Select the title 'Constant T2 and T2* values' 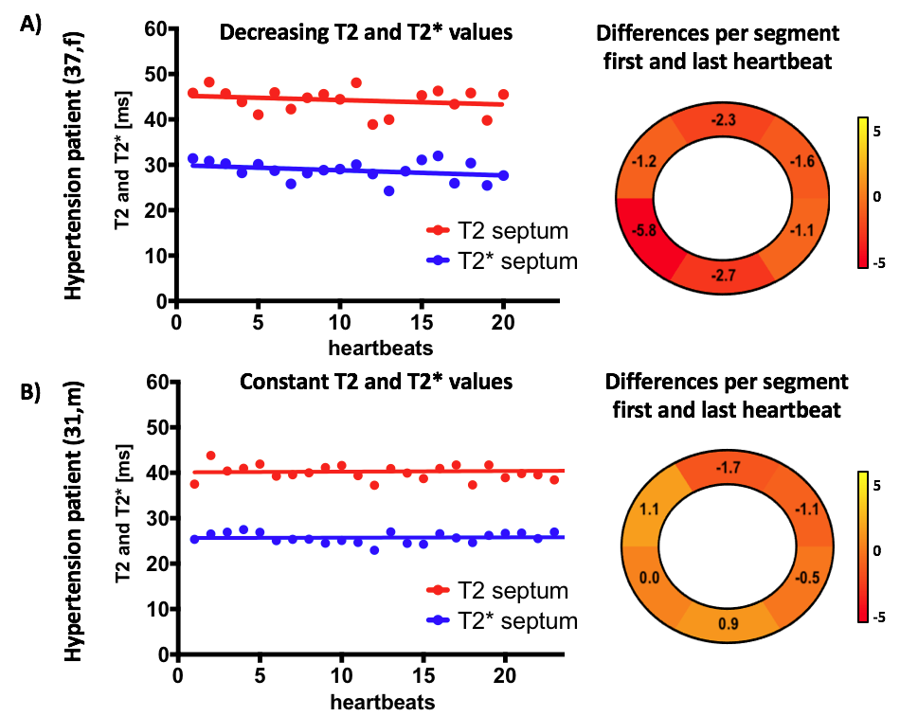[x=367, y=384]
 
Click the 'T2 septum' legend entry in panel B [x=498, y=591]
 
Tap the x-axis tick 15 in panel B [x=423, y=681]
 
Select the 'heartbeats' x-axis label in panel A [x=381, y=348]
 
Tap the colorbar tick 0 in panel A [x=878, y=196]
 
